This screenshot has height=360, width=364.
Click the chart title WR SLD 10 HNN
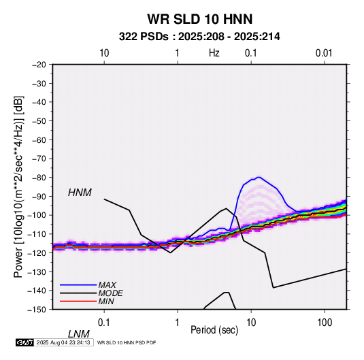point(200,19)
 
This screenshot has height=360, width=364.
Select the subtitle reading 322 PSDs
point(144,37)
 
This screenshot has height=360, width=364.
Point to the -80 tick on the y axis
point(39,178)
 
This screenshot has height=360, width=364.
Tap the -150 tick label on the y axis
point(37,310)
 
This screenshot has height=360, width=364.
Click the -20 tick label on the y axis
point(39,65)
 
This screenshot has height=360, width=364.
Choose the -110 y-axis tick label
point(37,234)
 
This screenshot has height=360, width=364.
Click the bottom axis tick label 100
point(325,323)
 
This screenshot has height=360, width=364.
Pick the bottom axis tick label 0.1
point(104,323)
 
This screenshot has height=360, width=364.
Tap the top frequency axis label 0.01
point(324,53)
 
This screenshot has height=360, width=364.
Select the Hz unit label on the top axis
point(214,53)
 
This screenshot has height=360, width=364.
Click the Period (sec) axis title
point(214,330)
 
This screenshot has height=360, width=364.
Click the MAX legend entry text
point(107,285)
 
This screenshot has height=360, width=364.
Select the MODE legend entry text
point(110,293)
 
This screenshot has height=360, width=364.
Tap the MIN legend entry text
point(106,301)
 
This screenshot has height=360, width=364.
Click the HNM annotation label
point(80,193)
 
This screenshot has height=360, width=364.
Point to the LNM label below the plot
point(79,334)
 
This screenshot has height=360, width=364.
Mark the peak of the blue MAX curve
point(259,177)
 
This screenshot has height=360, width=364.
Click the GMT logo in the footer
point(24,342)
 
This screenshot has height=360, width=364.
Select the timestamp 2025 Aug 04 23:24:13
point(63,342)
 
